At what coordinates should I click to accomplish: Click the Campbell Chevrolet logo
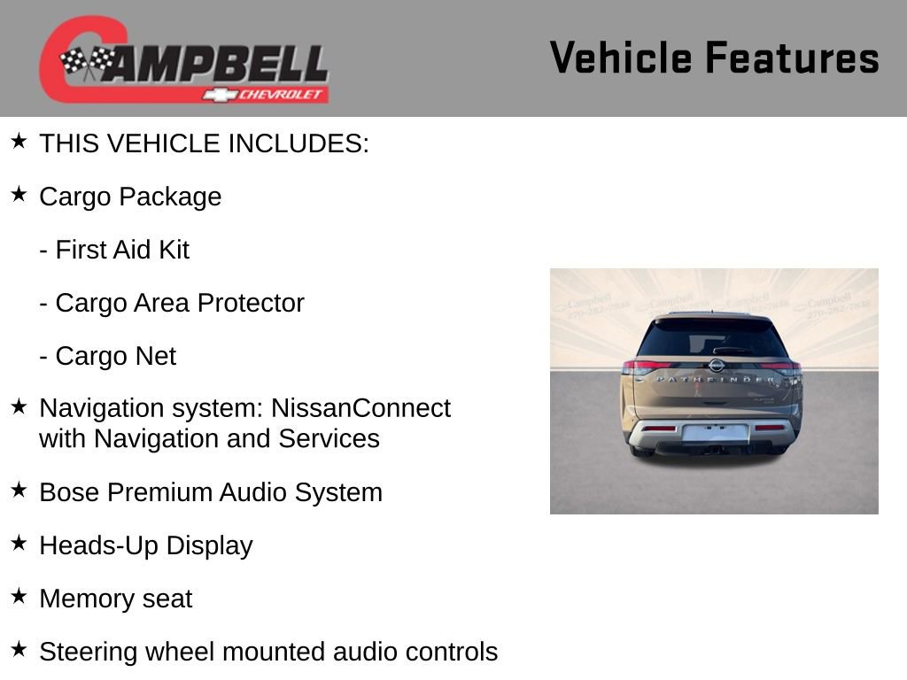(x=183, y=60)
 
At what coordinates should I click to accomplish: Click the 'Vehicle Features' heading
(x=714, y=58)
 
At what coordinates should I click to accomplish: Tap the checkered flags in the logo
(x=87, y=62)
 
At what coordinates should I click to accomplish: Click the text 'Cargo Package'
(x=130, y=197)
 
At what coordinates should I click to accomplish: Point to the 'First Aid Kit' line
(x=114, y=250)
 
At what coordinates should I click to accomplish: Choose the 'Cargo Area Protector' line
(x=172, y=303)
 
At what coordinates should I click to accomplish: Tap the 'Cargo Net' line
(x=108, y=356)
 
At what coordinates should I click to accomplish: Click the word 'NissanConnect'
(x=360, y=408)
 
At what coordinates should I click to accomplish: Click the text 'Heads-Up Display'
(x=146, y=545)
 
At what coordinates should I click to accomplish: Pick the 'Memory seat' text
(x=115, y=599)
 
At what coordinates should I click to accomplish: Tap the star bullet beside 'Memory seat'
(x=19, y=596)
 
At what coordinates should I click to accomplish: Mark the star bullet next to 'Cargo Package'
(x=19, y=194)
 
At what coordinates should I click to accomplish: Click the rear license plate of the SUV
(x=714, y=433)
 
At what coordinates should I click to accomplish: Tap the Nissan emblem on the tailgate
(x=716, y=365)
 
